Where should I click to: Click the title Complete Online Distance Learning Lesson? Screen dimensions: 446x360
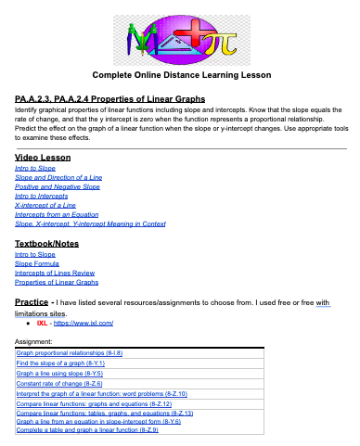click(180, 73)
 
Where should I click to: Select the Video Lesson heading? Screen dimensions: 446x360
click(43, 158)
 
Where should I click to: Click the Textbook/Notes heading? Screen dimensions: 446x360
click(47, 243)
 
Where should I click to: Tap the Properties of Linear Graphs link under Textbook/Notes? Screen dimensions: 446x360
click(57, 282)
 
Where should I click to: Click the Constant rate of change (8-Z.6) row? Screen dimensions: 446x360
click(58, 383)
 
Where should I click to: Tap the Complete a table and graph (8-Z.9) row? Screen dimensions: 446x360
click(87, 430)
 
